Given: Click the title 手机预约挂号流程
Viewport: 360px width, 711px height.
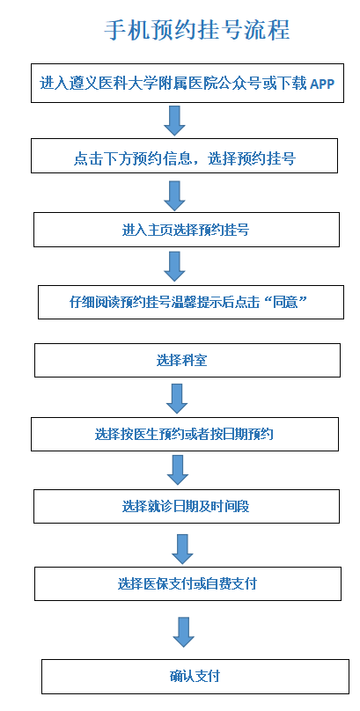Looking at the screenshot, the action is point(197,31).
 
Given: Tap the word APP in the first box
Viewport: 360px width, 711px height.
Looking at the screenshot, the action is point(322,84).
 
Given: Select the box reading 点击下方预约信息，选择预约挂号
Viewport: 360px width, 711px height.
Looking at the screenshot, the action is point(184,156).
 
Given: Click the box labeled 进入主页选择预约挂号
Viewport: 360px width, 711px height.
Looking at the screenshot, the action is point(187,230).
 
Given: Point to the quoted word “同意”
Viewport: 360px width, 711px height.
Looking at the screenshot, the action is point(290,303).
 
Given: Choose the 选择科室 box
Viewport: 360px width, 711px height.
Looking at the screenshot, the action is point(187,360).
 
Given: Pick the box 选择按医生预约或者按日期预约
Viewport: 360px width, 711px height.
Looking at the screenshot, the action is point(185,434).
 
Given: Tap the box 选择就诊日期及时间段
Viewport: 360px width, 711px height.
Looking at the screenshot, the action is point(187,506).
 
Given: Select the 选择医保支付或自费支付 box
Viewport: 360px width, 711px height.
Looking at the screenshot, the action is point(187,583).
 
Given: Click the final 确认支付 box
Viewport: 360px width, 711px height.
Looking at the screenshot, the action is point(195,677).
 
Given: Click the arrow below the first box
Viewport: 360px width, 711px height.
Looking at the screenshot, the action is point(174,121).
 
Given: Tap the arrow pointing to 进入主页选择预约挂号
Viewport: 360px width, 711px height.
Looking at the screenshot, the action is point(174,195).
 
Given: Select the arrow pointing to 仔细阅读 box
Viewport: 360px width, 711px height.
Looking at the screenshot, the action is point(174,267).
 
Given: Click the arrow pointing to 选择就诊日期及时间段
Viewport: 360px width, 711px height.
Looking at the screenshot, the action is point(178,470).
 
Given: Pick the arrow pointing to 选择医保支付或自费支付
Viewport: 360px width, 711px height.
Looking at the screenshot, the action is point(182,549).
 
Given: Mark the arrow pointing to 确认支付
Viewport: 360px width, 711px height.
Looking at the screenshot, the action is point(184,632).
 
